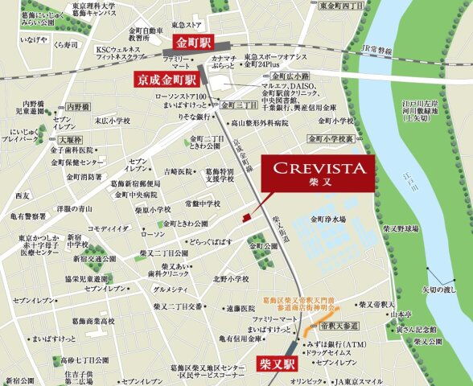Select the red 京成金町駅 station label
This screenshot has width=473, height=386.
click(x=166, y=79)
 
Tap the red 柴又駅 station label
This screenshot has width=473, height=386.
click(x=278, y=363)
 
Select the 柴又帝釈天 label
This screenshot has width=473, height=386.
click(x=376, y=305)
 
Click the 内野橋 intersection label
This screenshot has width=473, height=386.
click(x=77, y=105)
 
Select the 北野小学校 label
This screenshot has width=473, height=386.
click(x=232, y=280)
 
